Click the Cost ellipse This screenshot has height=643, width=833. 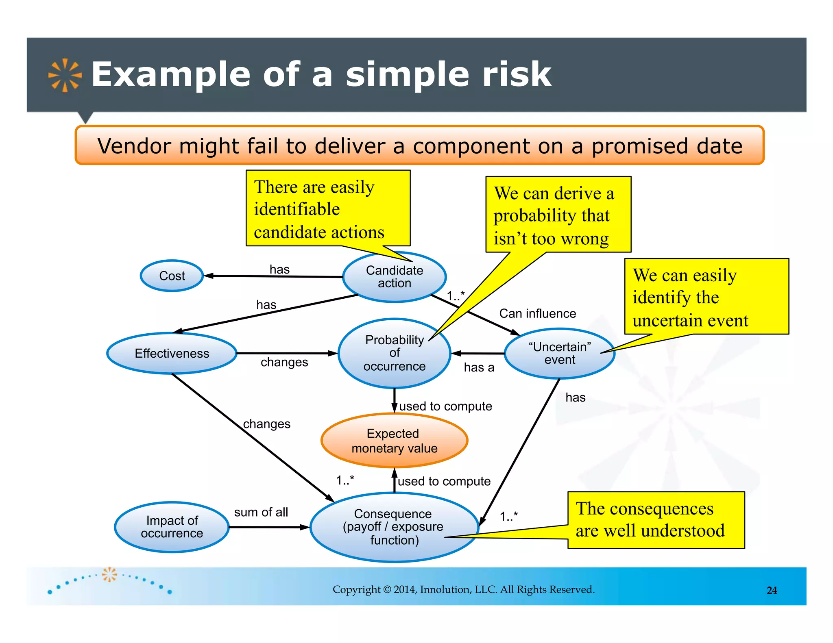(172, 276)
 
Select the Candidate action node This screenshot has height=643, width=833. (394, 277)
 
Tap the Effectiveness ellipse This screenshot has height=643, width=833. (172, 353)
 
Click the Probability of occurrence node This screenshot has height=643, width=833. (394, 353)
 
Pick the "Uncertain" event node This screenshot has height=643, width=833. (560, 353)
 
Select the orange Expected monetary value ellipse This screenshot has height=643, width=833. (394, 441)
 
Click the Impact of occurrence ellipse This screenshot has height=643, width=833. (172, 527)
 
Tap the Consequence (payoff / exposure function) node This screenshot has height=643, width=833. (393, 527)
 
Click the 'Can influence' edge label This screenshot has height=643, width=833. (537, 313)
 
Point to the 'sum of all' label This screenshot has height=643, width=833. (261, 512)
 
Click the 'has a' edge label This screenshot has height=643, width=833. (479, 367)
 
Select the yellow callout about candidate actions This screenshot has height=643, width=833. (328, 209)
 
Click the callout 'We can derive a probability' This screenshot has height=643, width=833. (558, 215)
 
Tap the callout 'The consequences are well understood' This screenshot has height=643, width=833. (656, 520)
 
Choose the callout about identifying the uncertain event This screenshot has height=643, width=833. (706, 297)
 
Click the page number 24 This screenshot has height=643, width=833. (772, 590)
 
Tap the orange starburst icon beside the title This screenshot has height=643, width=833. (65, 75)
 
